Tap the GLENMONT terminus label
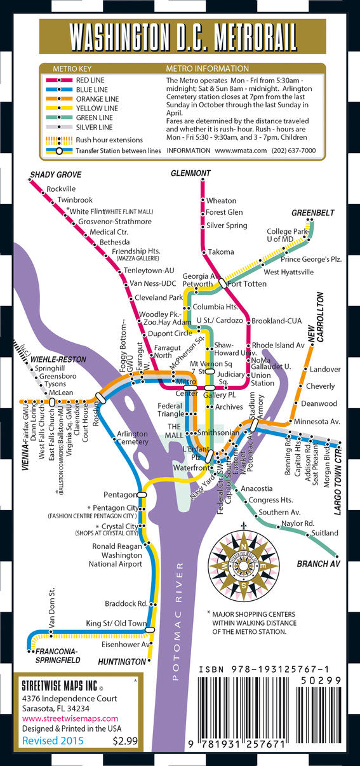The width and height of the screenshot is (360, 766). (x=190, y=173)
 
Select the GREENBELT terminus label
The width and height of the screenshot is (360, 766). (x=312, y=213)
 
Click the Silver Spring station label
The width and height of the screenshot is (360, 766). (x=227, y=225)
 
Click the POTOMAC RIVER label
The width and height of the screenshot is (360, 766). (x=179, y=622)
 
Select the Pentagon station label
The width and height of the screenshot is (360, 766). (x=121, y=494)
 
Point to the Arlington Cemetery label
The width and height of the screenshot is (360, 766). (x=132, y=438)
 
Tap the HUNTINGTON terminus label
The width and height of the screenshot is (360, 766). (x=123, y=662)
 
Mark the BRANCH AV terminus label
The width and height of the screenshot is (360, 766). (x=318, y=564)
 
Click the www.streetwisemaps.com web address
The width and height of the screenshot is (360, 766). (x=63, y=718)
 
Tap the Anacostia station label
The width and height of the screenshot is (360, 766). (x=257, y=488)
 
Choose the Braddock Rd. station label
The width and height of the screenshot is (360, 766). (x=126, y=603)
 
